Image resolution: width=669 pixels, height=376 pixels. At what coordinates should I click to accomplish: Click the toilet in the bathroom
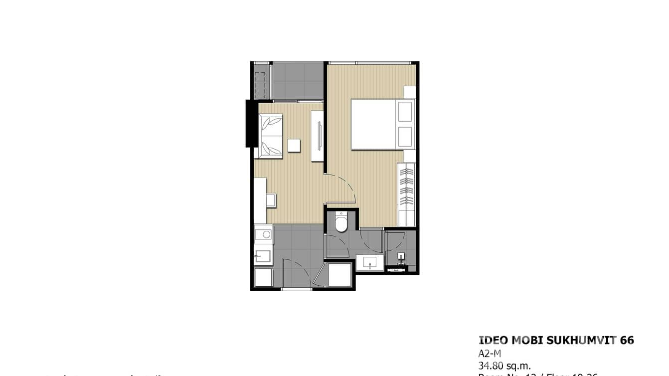pyautogui.click(x=341, y=223)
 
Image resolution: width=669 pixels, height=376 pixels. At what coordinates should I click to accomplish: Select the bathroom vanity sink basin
pyautogui.click(x=370, y=262)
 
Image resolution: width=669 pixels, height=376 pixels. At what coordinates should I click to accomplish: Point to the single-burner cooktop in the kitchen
pyautogui.click(x=264, y=234)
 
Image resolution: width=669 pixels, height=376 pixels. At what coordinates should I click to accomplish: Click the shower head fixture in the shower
pyautogui.click(x=401, y=257)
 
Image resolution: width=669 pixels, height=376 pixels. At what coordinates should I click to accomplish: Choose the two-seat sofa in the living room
pyautogui.click(x=269, y=136)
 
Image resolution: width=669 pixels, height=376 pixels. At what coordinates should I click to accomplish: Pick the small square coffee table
pyautogui.click(x=294, y=145)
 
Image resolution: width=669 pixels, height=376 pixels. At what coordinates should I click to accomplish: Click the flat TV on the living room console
pyautogui.click(x=320, y=136)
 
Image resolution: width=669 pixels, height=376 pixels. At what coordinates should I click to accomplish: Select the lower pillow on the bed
pyautogui.click(x=405, y=137)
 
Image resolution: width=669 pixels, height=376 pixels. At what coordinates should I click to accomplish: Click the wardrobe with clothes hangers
pyautogui.click(x=407, y=187)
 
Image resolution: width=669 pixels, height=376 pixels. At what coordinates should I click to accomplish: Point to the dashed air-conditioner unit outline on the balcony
pyautogui.click(x=260, y=85)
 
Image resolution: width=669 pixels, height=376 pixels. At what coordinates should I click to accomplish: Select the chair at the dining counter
pyautogui.click(x=271, y=200)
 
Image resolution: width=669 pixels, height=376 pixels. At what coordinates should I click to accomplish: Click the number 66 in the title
pyautogui.click(x=627, y=341)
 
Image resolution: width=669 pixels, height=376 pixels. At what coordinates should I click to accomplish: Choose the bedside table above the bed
pyautogui.click(x=410, y=92)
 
